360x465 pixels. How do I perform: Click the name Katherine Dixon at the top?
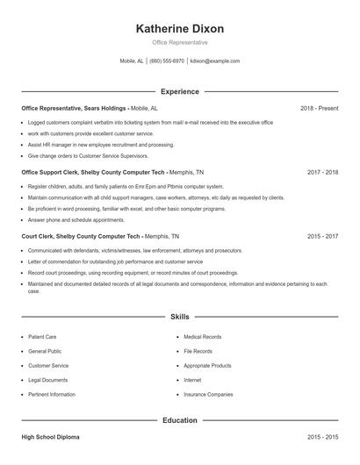[180, 29]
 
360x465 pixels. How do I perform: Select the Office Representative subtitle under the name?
[180, 42]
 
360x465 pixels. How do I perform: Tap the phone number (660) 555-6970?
[167, 61]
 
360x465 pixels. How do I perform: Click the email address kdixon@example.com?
[215, 61]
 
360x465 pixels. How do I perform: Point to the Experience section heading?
[180, 91]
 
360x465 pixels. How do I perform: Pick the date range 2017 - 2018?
[322, 173]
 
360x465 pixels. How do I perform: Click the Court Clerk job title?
[40, 236]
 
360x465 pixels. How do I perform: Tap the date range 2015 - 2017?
[322, 236]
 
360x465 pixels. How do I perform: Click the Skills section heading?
[180, 316]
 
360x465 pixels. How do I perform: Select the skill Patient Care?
[43, 337]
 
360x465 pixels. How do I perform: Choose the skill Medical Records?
[203, 337]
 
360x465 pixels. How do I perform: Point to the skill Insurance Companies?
[208, 395]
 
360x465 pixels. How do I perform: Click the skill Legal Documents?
[48, 380]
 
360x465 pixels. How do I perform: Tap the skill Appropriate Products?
[207, 366]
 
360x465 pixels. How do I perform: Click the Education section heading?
[180, 420]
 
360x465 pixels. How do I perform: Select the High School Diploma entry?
[50, 436]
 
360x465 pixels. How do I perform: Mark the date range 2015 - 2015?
[322, 436]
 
